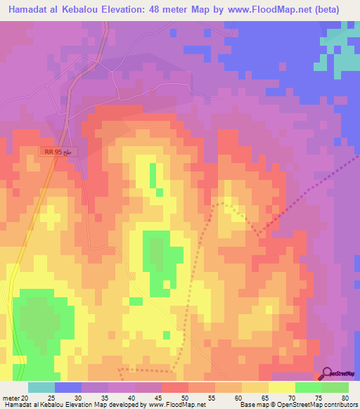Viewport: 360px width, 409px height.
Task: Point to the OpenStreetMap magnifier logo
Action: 328,373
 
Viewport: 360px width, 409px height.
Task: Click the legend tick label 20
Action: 29,396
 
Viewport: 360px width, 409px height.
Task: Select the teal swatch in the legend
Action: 41,387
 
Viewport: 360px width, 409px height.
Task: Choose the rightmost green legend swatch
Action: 335,387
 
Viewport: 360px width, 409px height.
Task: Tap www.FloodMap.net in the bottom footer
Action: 175,405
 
